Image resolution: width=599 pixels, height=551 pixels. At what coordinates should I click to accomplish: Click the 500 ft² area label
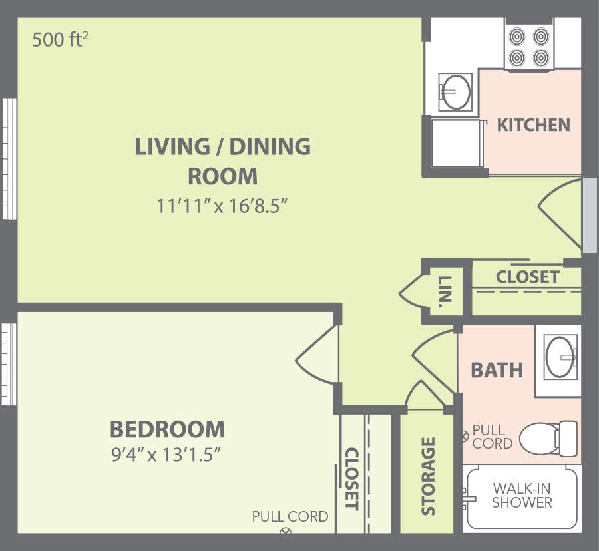[60, 39]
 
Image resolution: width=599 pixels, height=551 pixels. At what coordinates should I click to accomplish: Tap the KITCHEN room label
[533, 125]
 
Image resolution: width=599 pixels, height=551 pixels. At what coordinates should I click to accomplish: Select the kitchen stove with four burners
[529, 47]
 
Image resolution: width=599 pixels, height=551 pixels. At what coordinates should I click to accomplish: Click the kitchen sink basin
[456, 92]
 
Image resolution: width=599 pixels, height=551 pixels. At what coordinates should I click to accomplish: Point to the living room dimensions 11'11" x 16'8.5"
[222, 206]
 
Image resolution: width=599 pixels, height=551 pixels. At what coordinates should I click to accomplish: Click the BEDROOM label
[167, 429]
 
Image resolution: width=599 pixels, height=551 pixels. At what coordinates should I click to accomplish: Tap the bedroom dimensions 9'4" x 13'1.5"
[166, 455]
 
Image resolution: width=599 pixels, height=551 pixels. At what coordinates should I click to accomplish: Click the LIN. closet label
[445, 291]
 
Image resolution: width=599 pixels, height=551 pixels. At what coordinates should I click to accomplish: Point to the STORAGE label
[428, 476]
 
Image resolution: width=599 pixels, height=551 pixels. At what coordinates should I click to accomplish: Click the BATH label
[497, 370]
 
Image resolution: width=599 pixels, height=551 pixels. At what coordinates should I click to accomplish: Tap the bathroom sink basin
[560, 357]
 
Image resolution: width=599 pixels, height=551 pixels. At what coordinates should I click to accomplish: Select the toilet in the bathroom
[548, 439]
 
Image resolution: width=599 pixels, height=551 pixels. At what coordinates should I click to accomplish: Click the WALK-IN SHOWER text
[522, 496]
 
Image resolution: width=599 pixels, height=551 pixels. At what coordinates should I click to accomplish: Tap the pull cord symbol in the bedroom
[286, 531]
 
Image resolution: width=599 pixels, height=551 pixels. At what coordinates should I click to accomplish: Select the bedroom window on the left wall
[9, 364]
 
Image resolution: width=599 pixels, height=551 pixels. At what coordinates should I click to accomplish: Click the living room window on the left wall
[9, 159]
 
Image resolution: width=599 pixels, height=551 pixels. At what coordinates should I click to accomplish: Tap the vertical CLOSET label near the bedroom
[351, 479]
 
